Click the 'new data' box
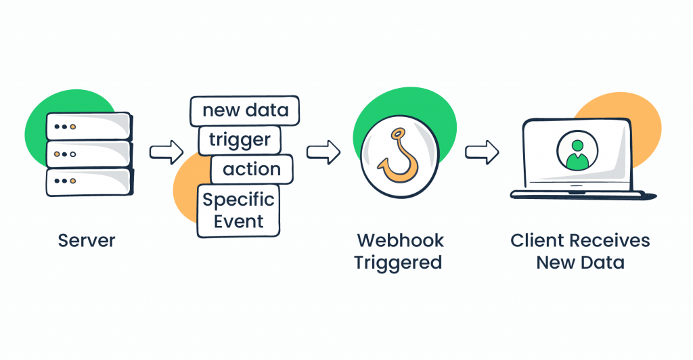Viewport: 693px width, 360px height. tap(244, 110)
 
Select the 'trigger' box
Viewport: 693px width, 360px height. tap(239, 140)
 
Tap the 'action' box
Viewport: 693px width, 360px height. tap(251, 169)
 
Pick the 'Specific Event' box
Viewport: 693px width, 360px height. tap(238, 210)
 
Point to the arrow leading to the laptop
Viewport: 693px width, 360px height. tap(481, 152)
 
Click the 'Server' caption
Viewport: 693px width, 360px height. tap(87, 241)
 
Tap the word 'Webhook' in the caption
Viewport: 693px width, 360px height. tap(400, 241)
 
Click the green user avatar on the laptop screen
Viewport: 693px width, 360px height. tap(577, 152)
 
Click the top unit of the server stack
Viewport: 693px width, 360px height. tap(89, 127)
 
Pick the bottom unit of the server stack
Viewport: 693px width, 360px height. tap(89, 181)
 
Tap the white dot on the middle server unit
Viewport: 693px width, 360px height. tap(73, 154)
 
